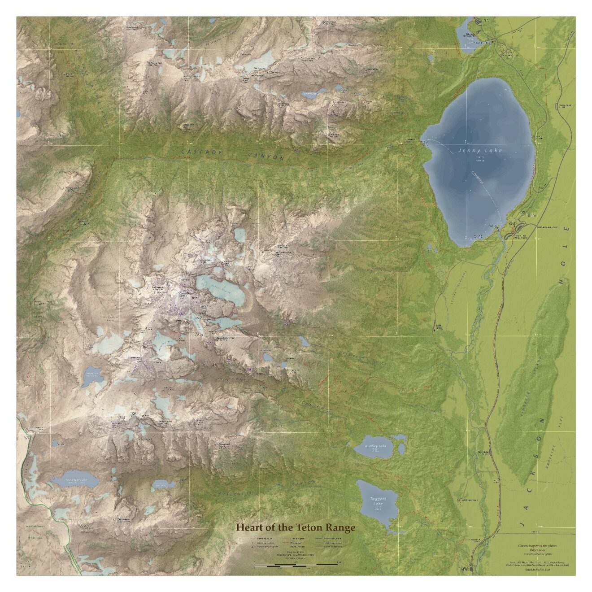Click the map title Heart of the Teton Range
point(296,527)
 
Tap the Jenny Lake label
point(480,151)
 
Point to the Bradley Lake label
point(375,446)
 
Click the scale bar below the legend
point(296,564)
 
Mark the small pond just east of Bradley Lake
point(401,448)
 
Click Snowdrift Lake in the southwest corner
point(75,481)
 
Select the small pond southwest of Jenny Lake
point(431,247)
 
